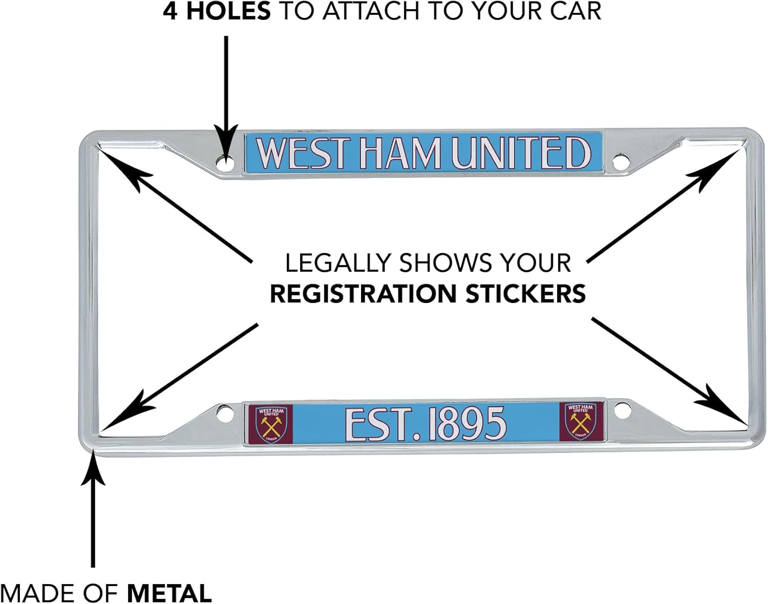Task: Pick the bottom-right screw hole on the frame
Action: [621, 411]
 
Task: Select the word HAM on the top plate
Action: [400, 153]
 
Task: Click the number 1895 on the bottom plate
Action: [466, 424]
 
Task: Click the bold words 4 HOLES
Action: [217, 11]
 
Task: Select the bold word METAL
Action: [169, 593]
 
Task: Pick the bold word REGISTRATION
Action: [363, 294]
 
